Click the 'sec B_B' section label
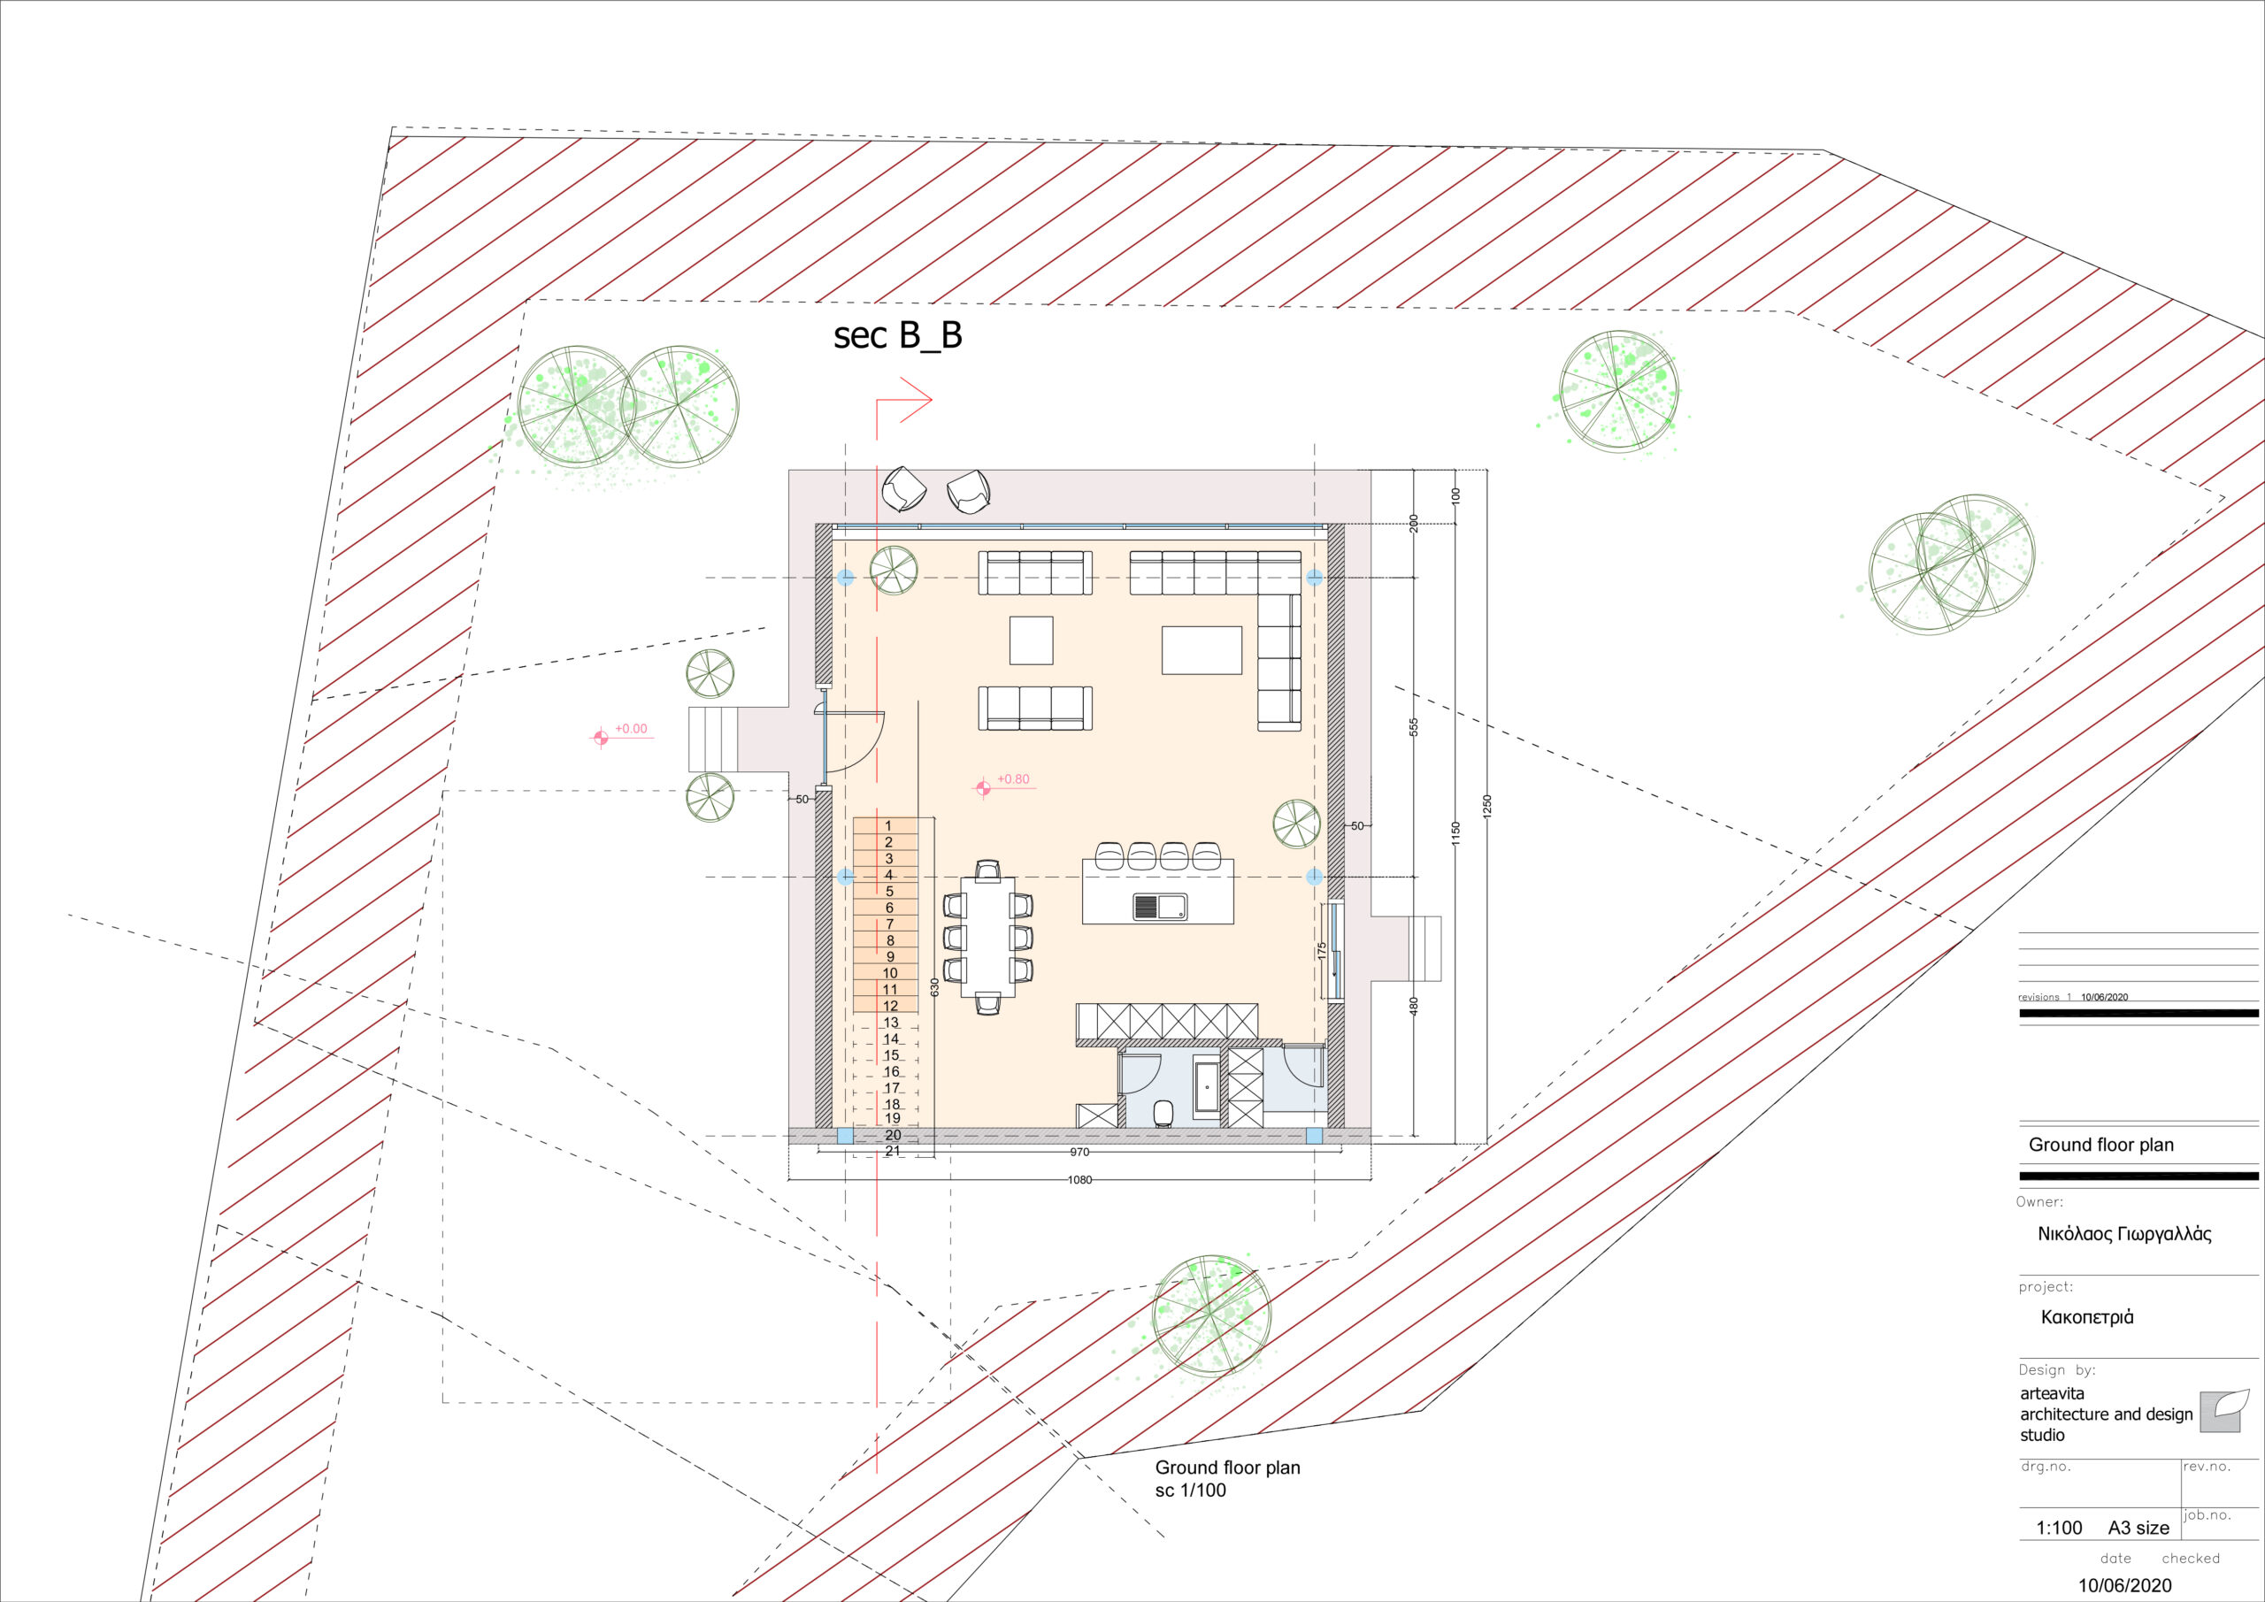click(897, 336)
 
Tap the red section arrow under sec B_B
click(904, 401)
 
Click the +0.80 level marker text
click(1012, 779)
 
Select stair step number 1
click(887, 825)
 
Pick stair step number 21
click(892, 1151)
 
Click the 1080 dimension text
click(1080, 1180)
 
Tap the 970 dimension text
click(1079, 1152)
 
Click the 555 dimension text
click(1414, 727)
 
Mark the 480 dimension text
click(1414, 1006)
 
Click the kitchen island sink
click(1159, 907)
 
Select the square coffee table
click(1031, 640)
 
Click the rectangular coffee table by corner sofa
click(1202, 650)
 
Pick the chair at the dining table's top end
click(987, 869)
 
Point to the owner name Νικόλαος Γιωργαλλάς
click(2124, 1234)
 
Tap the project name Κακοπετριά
click(2086, 1317)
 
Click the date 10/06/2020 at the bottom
click(2125, 1585)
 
